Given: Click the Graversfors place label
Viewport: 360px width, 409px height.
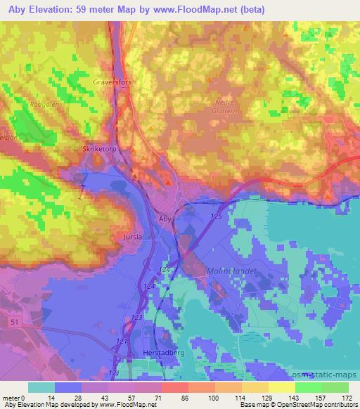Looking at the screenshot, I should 112,82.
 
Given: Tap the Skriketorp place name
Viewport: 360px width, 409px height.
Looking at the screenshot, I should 97,150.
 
